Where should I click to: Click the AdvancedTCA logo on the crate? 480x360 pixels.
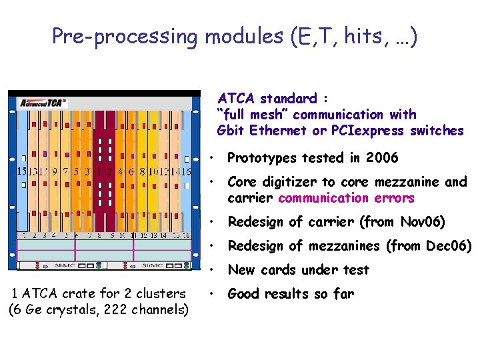click(x=43, y=103)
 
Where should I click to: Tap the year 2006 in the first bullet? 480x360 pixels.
click(x=382, y=158)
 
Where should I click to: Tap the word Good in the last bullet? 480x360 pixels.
click(x=244, y=294)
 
